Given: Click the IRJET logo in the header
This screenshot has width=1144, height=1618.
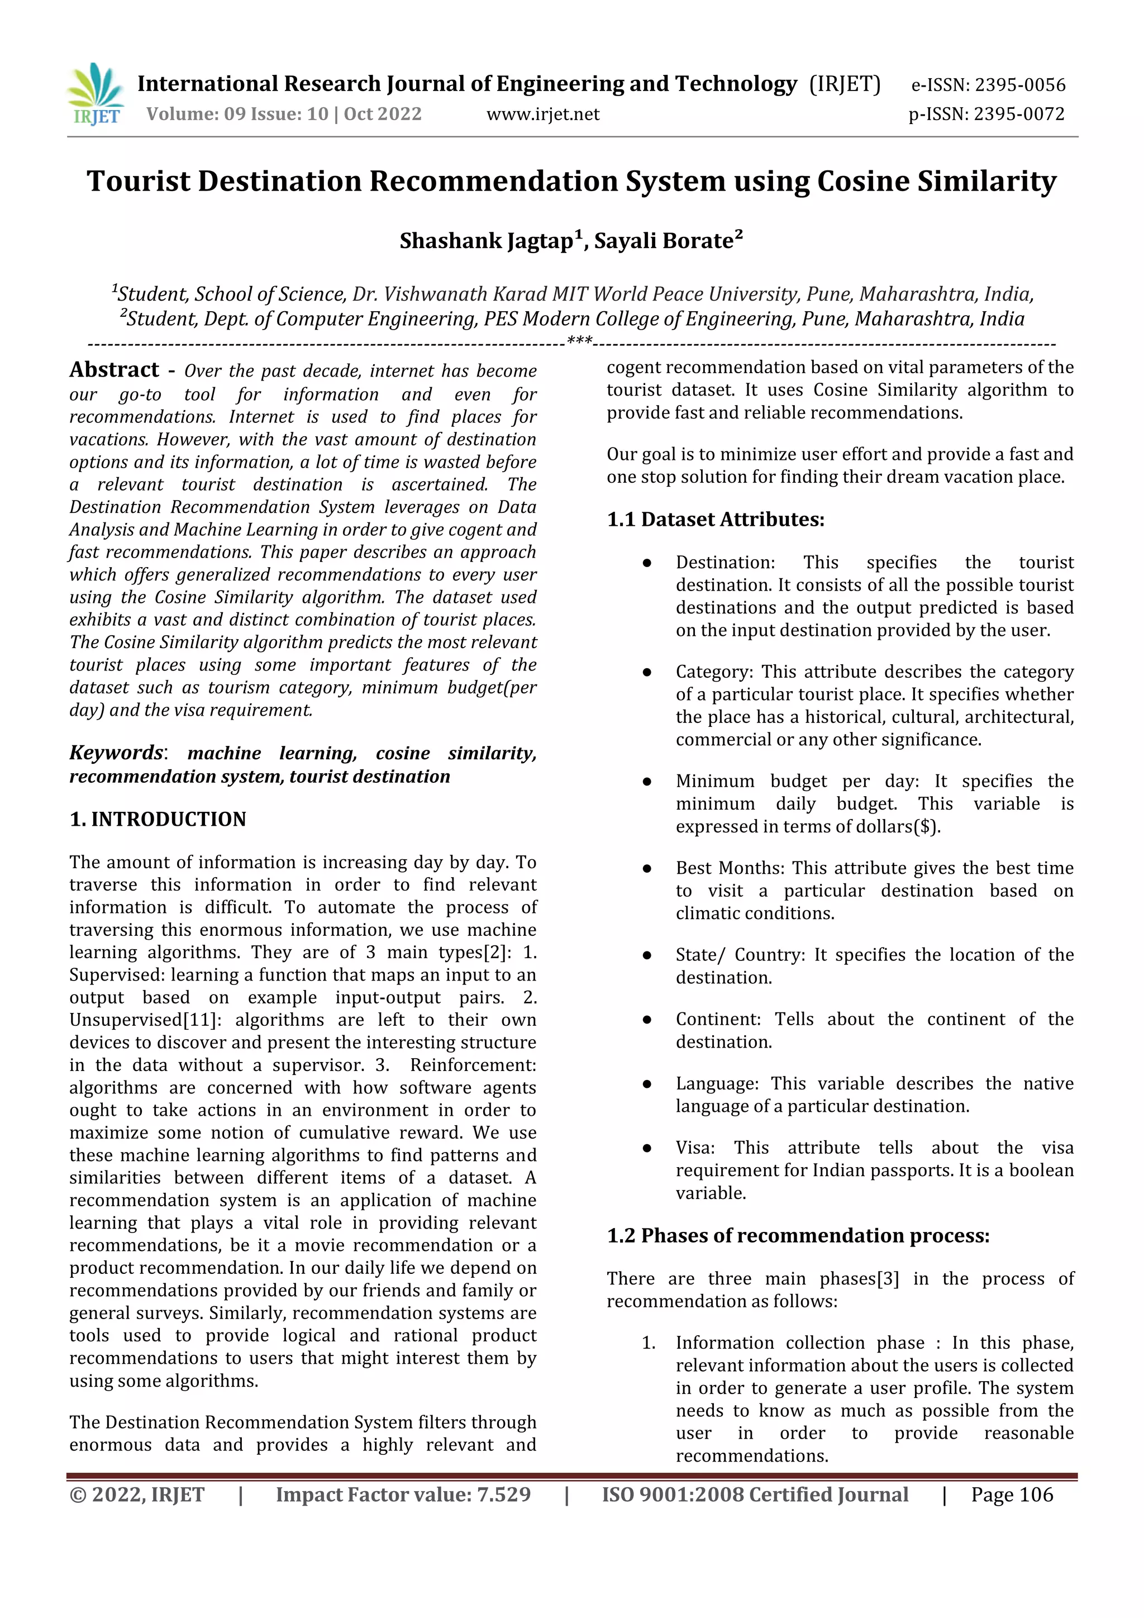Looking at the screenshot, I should point(96,94).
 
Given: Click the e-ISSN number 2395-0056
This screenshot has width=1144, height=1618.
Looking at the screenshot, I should point(1019,85).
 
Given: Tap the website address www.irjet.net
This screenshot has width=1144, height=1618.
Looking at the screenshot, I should point(542,114).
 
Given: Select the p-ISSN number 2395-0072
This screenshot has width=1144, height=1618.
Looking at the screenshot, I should point(1017,114).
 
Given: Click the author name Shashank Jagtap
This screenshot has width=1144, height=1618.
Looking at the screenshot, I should point(486,241).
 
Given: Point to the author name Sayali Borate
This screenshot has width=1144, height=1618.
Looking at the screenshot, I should point(664,241).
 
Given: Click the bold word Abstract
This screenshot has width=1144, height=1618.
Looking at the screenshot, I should point(114,370).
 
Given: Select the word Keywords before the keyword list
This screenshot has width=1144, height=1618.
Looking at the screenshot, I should point(116,753).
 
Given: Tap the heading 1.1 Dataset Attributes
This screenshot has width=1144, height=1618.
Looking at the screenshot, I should point(715,520).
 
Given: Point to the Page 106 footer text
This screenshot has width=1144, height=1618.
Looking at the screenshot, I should point(1012,1495).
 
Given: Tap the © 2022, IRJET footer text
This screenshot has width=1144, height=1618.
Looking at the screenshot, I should point(137,1495).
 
